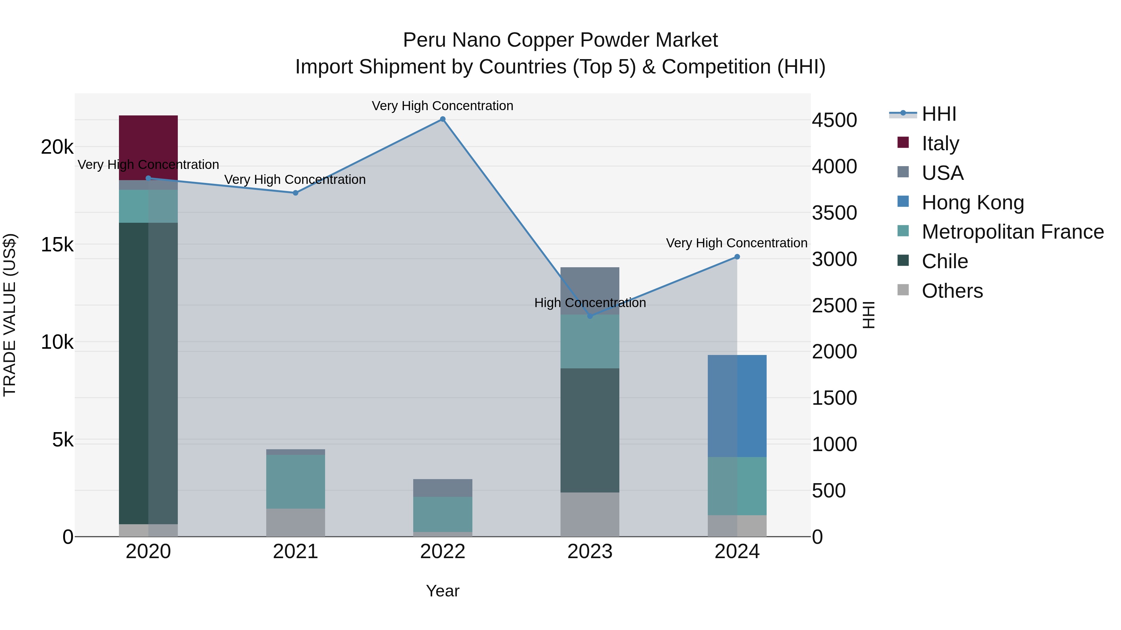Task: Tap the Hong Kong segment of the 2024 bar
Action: point(737,406)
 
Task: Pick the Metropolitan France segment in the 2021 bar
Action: point(296,481)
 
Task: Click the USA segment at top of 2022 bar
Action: point(442,488)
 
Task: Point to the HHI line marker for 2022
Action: point(442,119)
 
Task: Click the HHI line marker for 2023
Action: point(590,316)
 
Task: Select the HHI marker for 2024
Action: point(737,257)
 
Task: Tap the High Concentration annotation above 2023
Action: point(590,303)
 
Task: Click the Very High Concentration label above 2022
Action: point(442,106)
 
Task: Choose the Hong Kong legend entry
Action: point(972,203)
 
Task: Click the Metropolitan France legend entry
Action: point(1012,232)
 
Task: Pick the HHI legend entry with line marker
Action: point(939,114)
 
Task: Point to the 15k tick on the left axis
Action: point(57,245)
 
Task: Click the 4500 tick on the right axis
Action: point(834,120)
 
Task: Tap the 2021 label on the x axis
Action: point(296,552)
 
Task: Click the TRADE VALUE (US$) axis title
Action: point(10,315)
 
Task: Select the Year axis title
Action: point(442,591)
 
